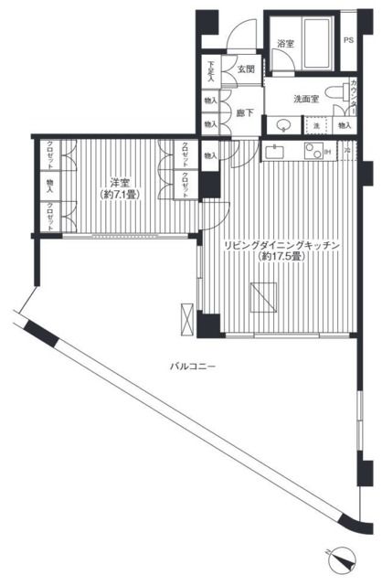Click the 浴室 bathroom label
click(285, 44)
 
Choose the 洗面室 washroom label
click(305, 99)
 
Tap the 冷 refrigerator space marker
click(346, 149)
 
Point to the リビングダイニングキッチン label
click(283, 245)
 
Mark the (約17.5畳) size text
click(282, 257)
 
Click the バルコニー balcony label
click(192, 365)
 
